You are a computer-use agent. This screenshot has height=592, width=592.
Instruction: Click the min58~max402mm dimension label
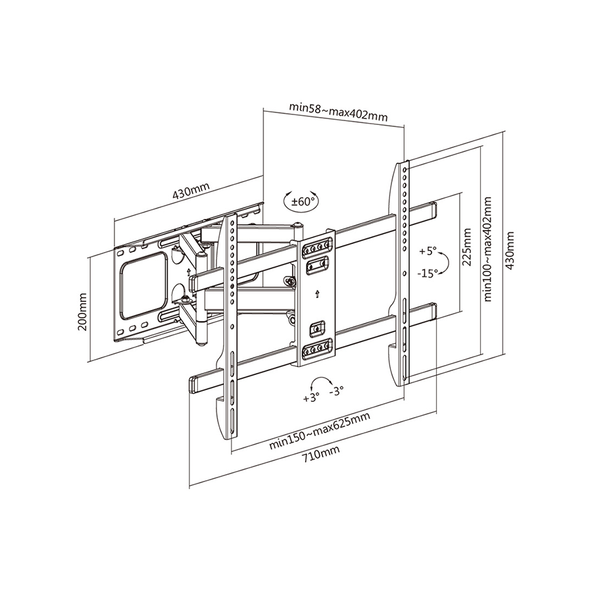338,111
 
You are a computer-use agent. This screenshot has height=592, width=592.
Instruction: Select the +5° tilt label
428,251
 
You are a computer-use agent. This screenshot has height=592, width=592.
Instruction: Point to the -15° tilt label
428,273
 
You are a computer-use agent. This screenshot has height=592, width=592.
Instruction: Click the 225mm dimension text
467,247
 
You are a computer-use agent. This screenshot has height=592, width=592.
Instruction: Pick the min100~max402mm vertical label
487,249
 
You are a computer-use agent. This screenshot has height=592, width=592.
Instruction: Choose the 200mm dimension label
82,312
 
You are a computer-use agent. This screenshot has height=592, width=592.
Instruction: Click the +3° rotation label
312,398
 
